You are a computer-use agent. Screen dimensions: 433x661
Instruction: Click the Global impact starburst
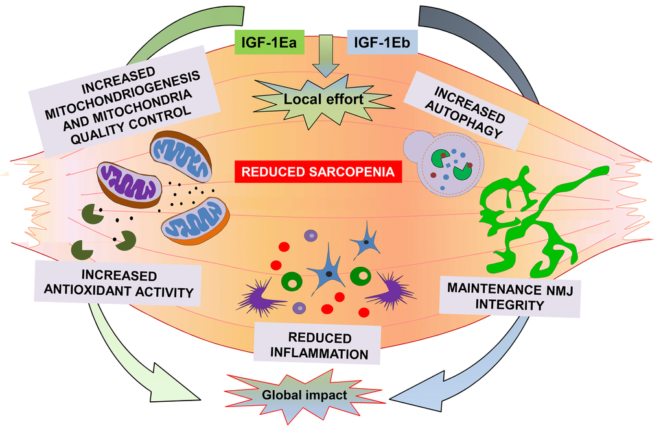(305, 394)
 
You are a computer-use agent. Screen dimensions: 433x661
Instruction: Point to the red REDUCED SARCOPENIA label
(318, 173)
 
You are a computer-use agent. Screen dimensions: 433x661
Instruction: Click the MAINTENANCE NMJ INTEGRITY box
(509, 295)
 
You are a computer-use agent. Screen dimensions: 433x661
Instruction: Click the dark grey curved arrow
(499, 45)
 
